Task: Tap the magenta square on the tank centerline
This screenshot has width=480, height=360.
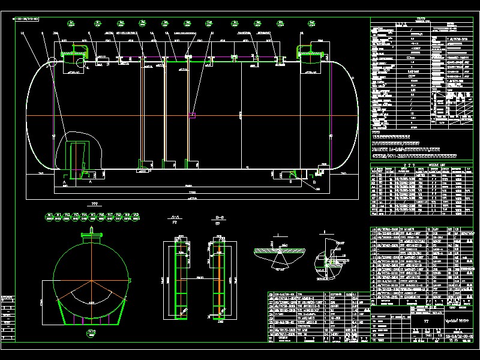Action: (x=192, y=115)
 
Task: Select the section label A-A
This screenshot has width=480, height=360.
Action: (x=175, y=217)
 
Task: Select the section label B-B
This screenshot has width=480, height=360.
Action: (x=220, y=217)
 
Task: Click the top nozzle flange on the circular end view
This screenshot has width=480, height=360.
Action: (x=92, y=237)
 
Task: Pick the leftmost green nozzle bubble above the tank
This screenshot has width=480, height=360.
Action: (x=71, y=23)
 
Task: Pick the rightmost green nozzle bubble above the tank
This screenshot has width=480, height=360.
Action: (x=311, y=23)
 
